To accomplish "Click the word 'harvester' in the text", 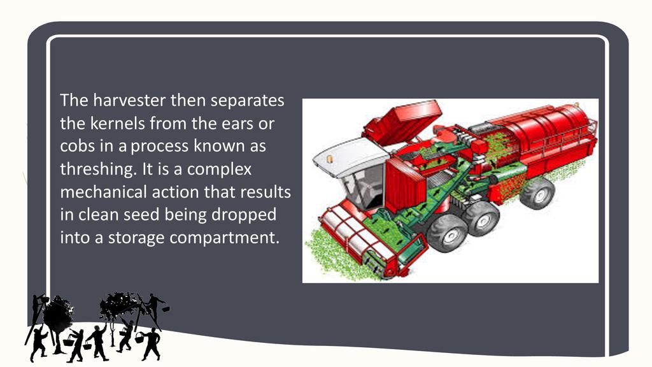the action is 129,100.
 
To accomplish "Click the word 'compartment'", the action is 224,238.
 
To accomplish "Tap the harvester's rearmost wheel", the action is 537,192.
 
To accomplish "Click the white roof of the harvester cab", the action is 350,155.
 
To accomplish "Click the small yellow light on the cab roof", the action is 330,159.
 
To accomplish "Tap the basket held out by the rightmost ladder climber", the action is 166,309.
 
